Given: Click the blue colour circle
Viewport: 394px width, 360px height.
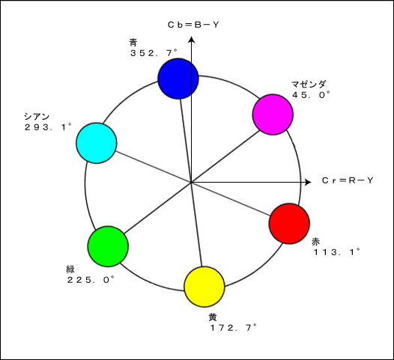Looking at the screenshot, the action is click(178, 79).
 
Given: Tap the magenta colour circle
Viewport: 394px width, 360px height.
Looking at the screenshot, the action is click(273, 115).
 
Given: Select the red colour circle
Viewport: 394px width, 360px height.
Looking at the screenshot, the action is click(289, 224).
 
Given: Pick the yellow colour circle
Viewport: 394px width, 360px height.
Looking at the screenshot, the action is click(204, 287).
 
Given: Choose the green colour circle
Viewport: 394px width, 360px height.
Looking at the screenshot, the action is click(108, 246).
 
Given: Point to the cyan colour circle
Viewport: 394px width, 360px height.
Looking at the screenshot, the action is click(97, 143).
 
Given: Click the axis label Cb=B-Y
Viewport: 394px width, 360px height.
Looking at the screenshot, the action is click(193, 25).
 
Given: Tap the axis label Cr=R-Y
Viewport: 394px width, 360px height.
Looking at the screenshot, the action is click(348, 180).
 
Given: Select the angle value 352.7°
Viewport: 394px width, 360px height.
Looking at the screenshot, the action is click(154, 53).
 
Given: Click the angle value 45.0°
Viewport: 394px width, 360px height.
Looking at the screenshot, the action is click(311, 94).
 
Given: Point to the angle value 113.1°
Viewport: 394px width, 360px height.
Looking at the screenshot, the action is click(337, 251).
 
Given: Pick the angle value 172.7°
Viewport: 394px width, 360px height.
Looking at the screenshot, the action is click(233, 327).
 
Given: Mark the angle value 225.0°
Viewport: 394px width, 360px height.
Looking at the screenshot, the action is click(91, 279).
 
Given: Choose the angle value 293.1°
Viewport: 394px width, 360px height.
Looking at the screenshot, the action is click(48, 126).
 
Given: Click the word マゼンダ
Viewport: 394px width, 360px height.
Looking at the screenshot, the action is click(309, 85).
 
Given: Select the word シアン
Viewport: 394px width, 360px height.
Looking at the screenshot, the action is click(37, 117).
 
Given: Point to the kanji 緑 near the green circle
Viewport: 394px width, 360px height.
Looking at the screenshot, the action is click(70, 269).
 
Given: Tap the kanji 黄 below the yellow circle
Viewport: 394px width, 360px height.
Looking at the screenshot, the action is click(212, 317).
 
